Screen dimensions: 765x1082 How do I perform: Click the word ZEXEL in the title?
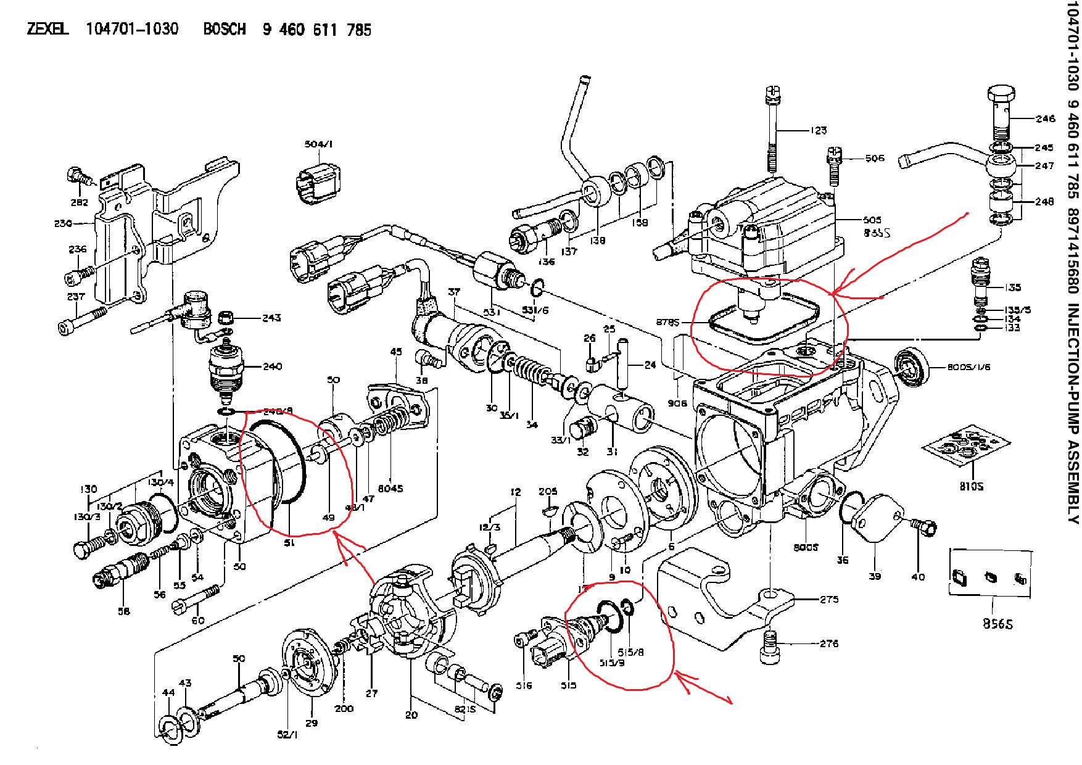coord(47,29)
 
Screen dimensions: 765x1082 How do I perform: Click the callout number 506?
coord(875,158)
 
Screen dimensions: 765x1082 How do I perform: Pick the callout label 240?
coord(271,366)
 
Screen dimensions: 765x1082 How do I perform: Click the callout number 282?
coord(79,202)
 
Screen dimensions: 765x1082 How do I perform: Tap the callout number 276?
coord(829,643)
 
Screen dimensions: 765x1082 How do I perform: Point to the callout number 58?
coord(124,611)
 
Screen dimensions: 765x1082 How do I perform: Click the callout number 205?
coord(548,491)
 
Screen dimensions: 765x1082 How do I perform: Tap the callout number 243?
coord(271,318)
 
